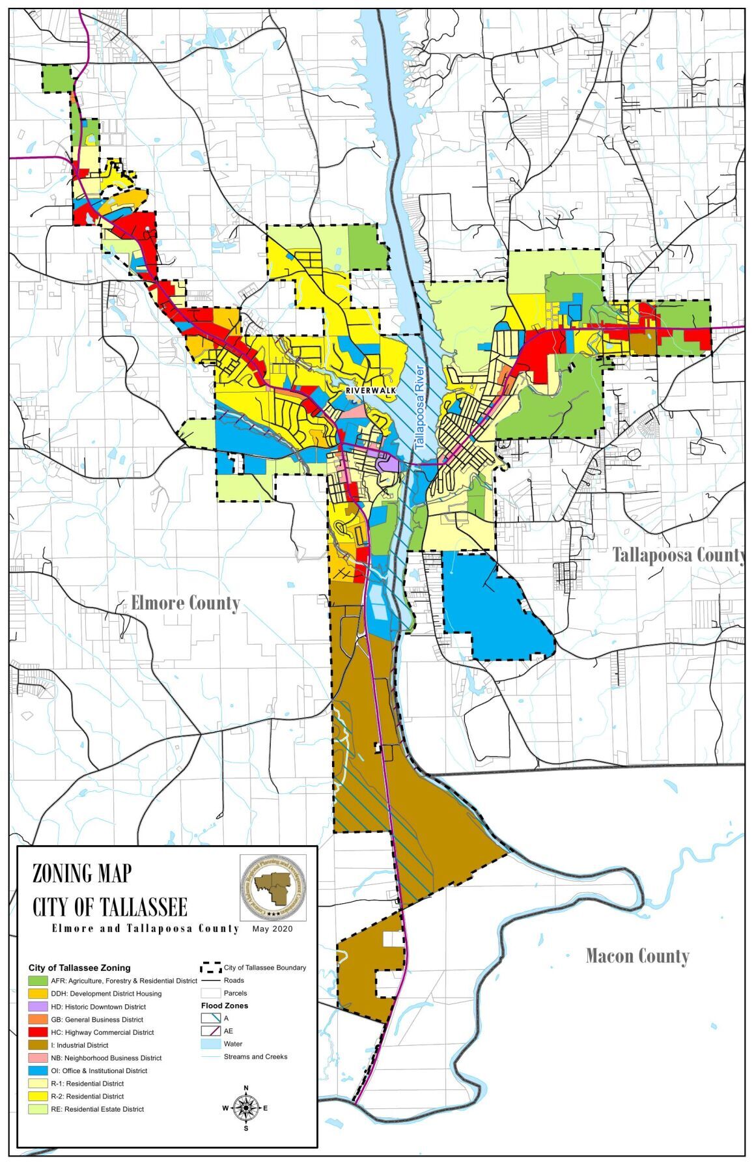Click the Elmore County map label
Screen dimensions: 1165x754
point(186,603)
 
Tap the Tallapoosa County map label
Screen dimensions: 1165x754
point(678,555)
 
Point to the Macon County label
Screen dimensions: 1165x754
point(637,956)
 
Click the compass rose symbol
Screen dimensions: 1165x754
point(245,1107)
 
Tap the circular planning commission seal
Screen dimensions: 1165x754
point(273,888)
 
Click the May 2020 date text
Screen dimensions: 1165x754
point(272,929)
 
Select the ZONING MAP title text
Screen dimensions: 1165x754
point(82,873)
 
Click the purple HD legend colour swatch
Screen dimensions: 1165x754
point(38,1006)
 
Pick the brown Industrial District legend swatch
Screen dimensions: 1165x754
point(38,1045)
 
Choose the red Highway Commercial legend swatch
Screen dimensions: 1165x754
point(38,1032)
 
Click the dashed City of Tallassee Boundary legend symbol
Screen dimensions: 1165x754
point(211,968)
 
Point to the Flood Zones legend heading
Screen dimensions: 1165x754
point(224,1005)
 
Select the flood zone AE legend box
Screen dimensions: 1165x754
point(211,1031)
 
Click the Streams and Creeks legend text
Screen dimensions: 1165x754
point(255,1056)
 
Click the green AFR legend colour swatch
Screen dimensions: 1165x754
point(38,981)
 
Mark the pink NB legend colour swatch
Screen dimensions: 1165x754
point(38,1058)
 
